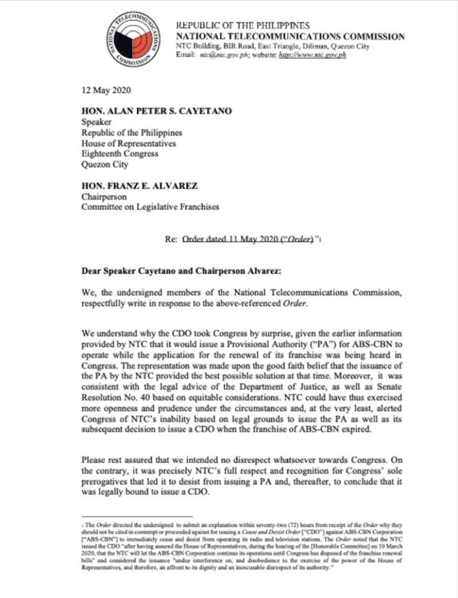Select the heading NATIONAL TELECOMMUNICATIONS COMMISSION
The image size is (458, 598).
(x=290, y=37)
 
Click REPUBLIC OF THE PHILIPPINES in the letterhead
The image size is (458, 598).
(x=243, y=26)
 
